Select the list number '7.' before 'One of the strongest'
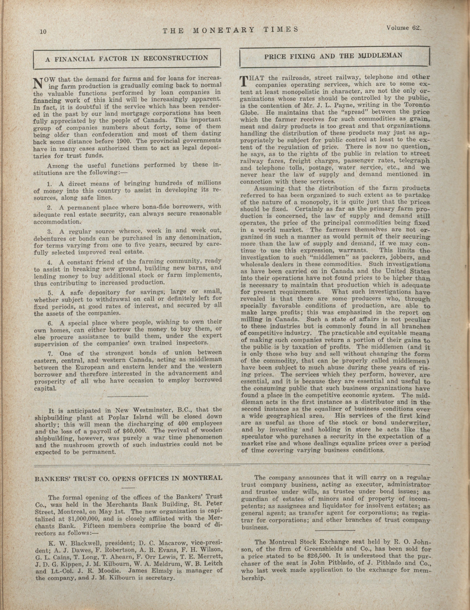(50, 353)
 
